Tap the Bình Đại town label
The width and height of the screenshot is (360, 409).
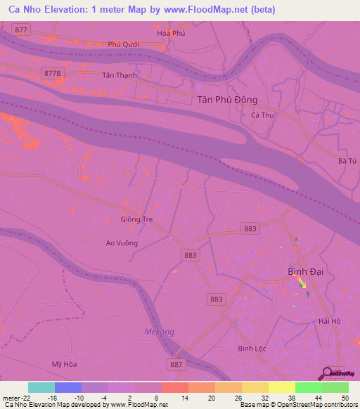coord(305,271)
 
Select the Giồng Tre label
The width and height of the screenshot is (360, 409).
coord(136,219)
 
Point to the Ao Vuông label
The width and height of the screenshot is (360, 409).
coord(122,243)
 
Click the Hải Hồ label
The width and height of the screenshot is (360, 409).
coord(329,320)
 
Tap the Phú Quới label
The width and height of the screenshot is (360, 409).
coord(124,44)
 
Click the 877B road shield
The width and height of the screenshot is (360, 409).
coord(51,73)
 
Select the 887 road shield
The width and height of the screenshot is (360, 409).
coord(176,364)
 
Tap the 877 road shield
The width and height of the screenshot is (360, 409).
coord(22,30)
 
